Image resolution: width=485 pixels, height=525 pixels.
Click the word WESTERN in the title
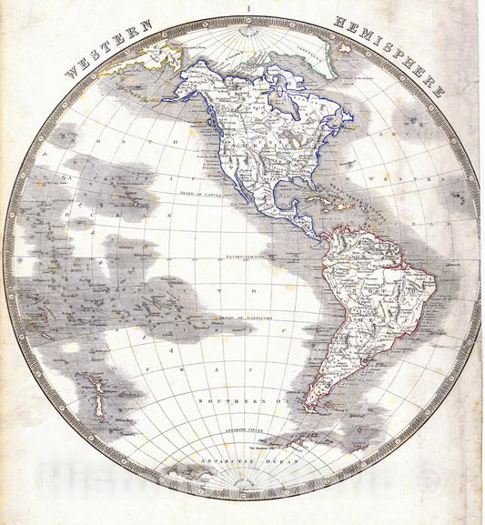click(99, 54)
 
